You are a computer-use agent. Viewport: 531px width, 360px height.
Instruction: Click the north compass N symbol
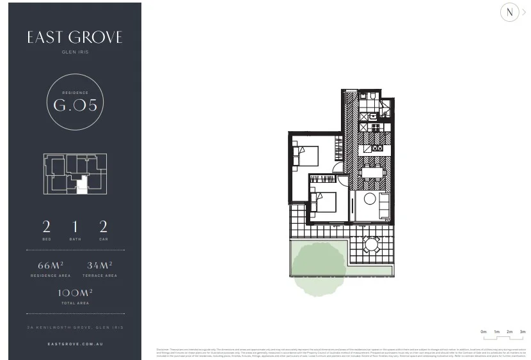[509, 12]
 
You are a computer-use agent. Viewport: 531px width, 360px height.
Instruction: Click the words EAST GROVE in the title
[75, 38]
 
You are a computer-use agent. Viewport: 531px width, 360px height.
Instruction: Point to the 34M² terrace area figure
[100, 265]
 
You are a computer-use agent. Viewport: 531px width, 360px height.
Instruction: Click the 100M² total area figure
[75, 293]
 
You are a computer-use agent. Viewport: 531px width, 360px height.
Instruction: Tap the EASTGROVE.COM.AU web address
[75, 344]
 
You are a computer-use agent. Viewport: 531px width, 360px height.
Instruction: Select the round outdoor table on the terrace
[371, 244]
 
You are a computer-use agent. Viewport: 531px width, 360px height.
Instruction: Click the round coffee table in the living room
[370, 199]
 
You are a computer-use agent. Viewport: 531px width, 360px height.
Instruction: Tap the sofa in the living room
[384, 205]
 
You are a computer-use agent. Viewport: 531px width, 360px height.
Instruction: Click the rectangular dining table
[372, 172]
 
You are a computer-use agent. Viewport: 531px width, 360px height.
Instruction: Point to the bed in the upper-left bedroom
[306, 155]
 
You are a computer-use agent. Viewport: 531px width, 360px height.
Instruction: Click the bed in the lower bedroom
[324, 201]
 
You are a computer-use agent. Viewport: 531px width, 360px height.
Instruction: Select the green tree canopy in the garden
[319, 268]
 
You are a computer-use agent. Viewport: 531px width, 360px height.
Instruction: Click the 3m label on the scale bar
[523, 332]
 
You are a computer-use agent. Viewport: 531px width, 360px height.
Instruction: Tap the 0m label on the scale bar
[484, 332]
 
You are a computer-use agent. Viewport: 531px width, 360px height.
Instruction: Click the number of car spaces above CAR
[103, 226]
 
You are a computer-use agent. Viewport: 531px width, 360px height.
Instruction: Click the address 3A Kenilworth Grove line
[75, 327]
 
